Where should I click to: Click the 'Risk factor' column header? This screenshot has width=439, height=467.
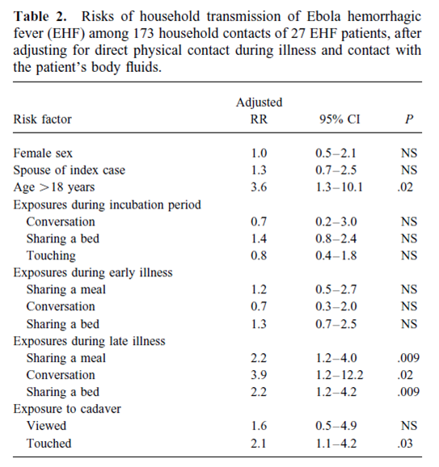pos(42,120)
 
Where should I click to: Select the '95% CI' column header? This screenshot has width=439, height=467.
pos(340,120)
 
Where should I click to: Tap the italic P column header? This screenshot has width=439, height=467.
pos(409,120)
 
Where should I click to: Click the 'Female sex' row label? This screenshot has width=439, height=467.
pos(43,153)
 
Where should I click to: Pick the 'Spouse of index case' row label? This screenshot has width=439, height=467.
pos(70,170)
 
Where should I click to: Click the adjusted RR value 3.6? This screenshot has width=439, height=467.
pos(259,187)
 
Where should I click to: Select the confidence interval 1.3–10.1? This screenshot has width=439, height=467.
pos(340,187)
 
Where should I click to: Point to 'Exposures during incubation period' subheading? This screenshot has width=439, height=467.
pos(108,204)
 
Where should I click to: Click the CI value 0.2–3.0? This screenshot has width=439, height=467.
pos(336,221)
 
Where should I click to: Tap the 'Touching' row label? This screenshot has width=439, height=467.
pos(51,255)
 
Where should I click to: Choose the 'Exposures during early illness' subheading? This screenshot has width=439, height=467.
pos(93,272)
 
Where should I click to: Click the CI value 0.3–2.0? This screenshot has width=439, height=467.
pos(336,306)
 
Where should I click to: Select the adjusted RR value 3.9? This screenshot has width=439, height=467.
pos(259,375)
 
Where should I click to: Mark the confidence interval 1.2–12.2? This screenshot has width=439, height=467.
pos(340,375)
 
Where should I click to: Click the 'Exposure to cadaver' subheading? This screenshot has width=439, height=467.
pos(67,409)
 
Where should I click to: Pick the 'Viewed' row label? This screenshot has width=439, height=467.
pos(46,425)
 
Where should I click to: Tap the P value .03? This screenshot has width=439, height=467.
pos(405,444)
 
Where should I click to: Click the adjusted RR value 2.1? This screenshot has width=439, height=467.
pos(259,444)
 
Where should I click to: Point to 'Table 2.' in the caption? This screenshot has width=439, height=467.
pos(40,16)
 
